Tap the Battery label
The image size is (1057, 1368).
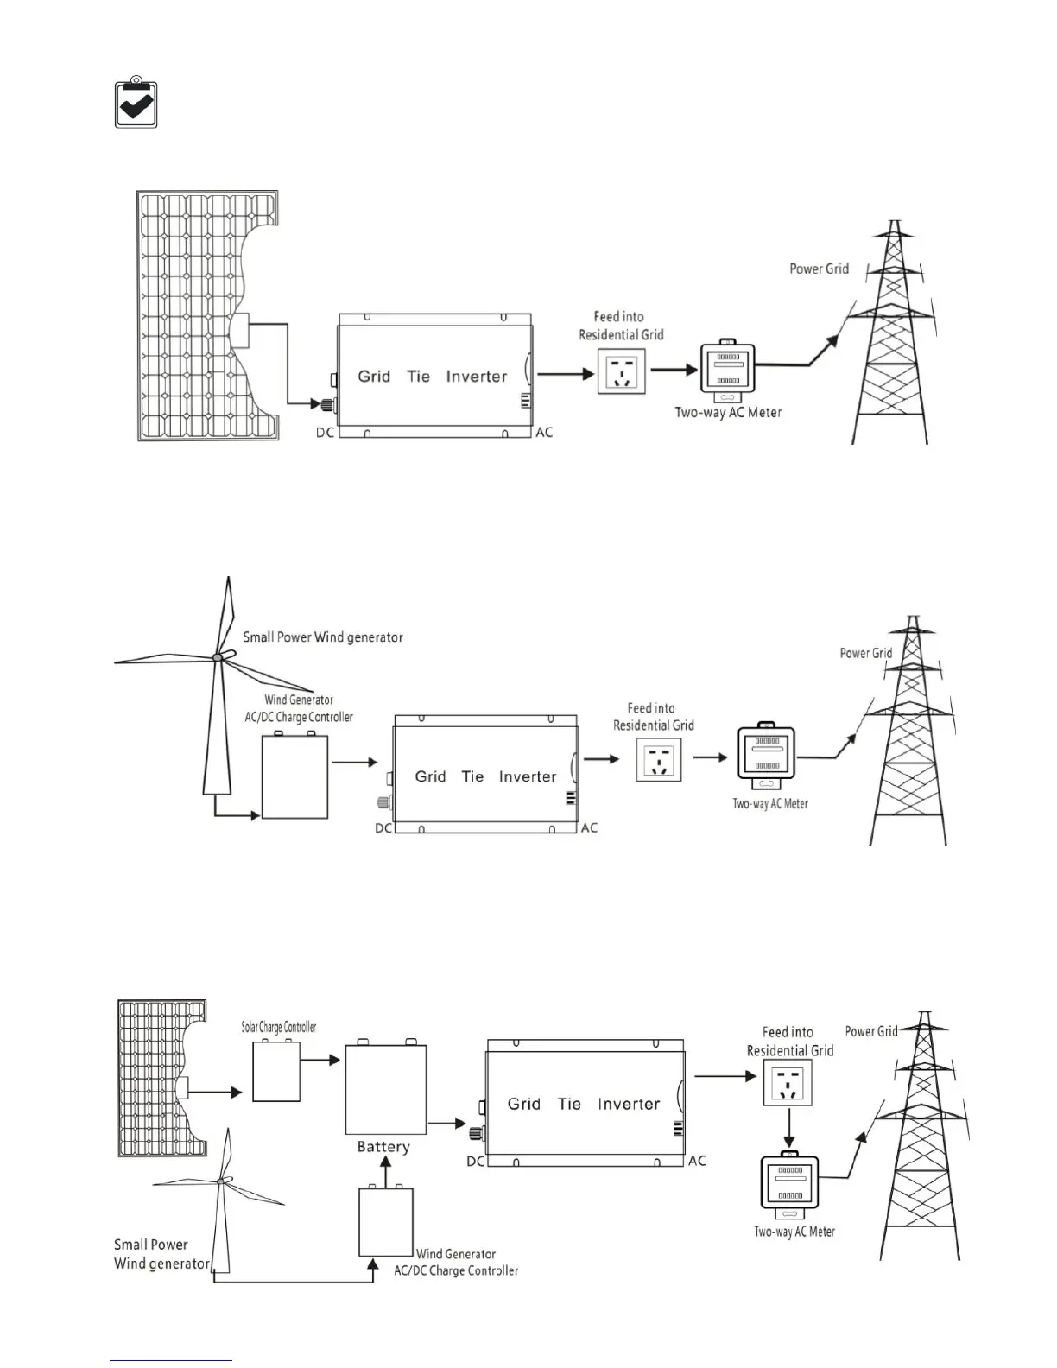(x=383, y=1147)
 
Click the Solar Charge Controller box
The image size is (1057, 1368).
(x=276, y=1071)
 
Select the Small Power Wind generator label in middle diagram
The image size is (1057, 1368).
(x=322, y=637)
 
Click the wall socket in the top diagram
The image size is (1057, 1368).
(x=622, y=371)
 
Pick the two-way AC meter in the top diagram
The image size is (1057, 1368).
(x=726, y=372)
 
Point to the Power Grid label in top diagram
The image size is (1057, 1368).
(x=819, y=269)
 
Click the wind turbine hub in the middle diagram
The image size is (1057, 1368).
(x=218, y=657)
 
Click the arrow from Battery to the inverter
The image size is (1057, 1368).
(x=447, y=1124)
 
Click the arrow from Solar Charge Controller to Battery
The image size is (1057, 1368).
(x=321, y=1060)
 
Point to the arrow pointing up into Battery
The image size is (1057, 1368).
(x=386, y=1171)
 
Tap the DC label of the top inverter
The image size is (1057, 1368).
(x=325, y=432)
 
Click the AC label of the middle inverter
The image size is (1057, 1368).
(x=589, y=827)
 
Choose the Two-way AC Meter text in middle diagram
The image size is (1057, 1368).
(x=770, y=803)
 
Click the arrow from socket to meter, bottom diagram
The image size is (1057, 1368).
(x=788, y=1125)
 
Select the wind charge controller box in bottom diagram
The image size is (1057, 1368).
(x=386, y=1222)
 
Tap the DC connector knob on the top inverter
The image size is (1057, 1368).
(x=328, y=404)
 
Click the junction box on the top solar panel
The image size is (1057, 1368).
(x=239, y=330)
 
